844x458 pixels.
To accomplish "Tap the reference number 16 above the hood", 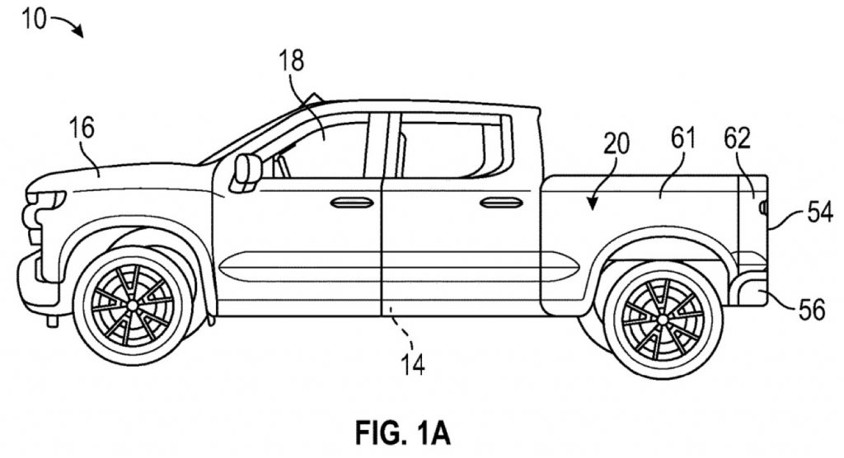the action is tap(82, 129).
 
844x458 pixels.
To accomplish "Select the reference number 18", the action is tap(291, 61).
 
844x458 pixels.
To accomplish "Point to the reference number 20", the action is tap(617, 144).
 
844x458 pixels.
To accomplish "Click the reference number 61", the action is tap(683, 138).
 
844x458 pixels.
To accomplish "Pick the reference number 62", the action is tap(737, 138).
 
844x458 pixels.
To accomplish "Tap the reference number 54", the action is tap(820, 212).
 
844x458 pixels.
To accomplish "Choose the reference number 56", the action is tap(812, 310).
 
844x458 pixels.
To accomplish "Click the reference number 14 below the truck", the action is tap(413, 364).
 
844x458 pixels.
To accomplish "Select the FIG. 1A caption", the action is tap(402, 432).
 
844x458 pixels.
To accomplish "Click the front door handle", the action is tap(352, 203).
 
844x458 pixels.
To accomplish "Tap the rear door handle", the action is tap(501, 203).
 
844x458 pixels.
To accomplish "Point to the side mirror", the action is tap(246, 171).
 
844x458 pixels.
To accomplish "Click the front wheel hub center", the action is tap(133, 305).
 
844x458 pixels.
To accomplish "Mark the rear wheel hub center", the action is tap(663, 319).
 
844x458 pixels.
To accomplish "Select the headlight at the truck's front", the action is tap(47, 199).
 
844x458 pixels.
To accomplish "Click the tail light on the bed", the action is tap(762, 207).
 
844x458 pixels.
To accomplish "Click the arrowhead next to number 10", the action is tap(80, 34).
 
